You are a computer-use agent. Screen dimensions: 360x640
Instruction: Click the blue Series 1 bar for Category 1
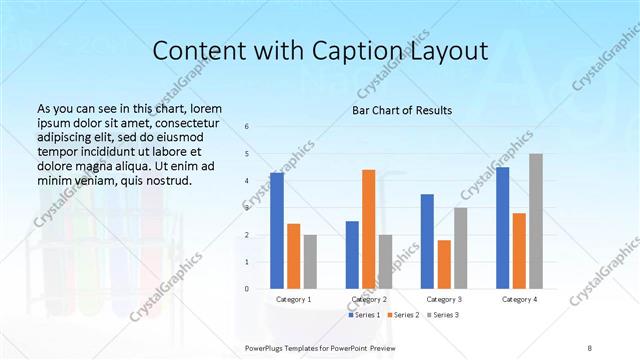click(x=277, y=231)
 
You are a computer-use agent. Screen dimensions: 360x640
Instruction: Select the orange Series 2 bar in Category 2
click(x=368, y=229)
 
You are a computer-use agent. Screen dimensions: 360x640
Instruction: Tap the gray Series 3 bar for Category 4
click(x=536, y=221)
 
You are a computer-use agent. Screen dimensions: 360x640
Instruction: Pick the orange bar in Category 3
click(x=443, y=264)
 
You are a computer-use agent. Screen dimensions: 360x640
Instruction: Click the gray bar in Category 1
click(x=310, y=262)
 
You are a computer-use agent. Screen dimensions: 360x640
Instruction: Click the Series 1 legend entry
click(x=364, y=315)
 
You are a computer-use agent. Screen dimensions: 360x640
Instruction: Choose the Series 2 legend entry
click(x=403, y=315)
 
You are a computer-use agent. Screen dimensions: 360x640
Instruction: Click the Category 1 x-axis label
click(x=293, y=299)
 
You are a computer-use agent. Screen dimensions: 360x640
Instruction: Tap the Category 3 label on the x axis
click(x=443, y=299)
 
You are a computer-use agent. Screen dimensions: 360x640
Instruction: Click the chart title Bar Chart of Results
click(x=402, y=109)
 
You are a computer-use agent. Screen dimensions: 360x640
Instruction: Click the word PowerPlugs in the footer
click(x=266, y=347)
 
